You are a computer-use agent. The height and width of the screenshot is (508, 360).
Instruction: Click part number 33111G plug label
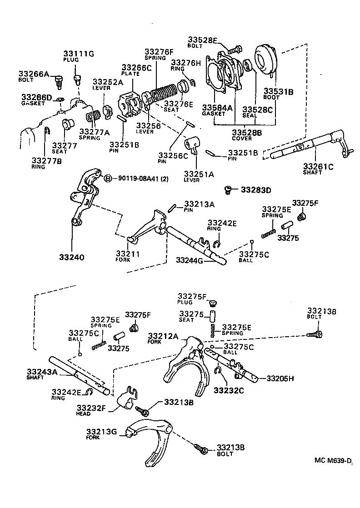[78, 54]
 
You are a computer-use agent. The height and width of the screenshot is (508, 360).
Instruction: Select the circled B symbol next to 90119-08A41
[108, 178]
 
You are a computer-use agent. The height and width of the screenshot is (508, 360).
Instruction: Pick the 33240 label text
[71, 257]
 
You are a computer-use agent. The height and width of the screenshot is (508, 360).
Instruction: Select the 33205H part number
[280, 378]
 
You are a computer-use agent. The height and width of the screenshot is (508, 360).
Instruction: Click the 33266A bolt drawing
[58, 82]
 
